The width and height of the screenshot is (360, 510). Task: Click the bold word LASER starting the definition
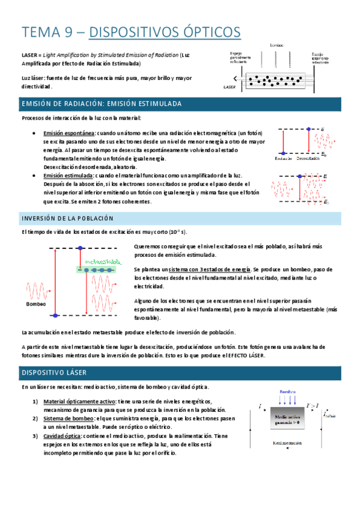click(29, 55)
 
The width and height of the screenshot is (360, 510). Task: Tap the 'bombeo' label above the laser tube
click(277, 45)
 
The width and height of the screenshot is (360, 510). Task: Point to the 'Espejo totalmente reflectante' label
click(320, 58)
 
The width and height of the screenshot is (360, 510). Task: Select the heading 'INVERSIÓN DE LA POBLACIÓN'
click(67, 217)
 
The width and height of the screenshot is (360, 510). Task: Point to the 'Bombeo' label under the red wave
click(36, 304)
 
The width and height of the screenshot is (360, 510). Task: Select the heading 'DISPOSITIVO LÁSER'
click(52, 373)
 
